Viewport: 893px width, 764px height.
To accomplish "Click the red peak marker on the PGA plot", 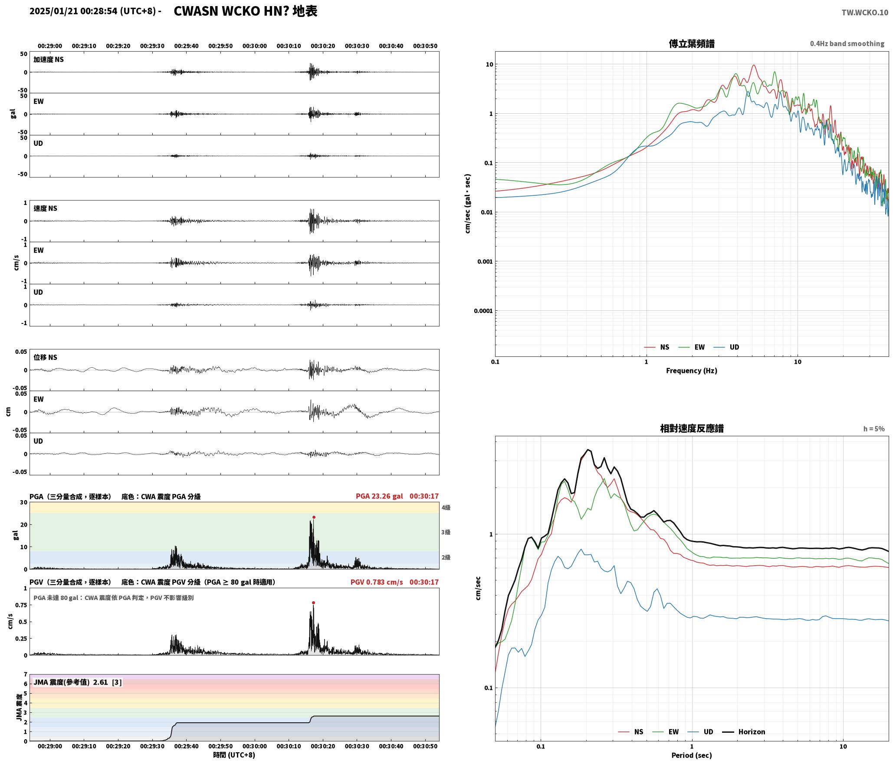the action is tap(314, 517).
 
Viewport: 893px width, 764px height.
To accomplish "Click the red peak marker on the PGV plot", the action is tap(313, 603).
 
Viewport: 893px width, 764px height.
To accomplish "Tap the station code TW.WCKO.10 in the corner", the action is tap(865, 13).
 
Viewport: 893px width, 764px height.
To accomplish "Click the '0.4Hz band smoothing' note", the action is tap(847, 43).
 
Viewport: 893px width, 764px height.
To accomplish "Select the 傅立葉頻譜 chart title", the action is tap(692, 43).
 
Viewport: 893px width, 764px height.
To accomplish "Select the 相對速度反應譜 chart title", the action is tap(692, 428).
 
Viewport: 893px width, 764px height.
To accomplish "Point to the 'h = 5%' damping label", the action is tap(874, 429).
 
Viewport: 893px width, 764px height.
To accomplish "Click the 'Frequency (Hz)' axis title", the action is tap(692, 370).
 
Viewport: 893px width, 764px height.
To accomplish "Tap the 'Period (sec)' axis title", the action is tap(692, 755).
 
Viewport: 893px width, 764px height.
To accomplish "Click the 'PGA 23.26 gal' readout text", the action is tap(379, 496).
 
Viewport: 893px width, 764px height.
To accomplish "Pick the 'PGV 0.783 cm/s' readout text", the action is tap(377, 582).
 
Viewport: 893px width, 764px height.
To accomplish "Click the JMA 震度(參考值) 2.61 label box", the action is tap(78, 682).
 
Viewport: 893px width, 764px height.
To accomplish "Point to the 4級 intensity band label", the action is tap(446, 507).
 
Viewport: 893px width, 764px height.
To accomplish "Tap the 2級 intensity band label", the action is tap(446, 557).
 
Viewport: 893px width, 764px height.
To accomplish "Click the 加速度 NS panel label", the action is tap(49, 59).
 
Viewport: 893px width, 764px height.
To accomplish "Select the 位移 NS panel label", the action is tap(46, 357).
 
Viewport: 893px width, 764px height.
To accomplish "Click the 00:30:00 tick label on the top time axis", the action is tap(255, 46).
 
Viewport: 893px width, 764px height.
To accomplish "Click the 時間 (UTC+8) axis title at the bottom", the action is tap(234, 755).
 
